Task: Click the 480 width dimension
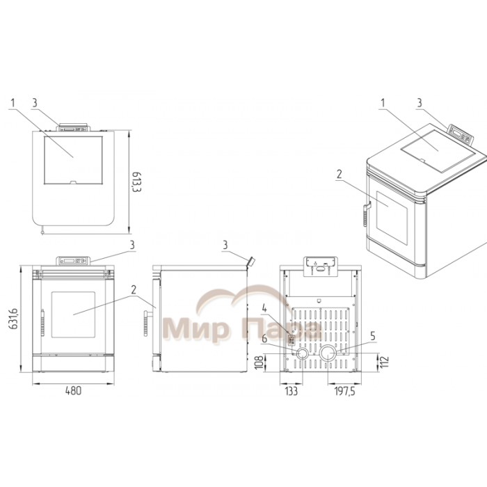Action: [x=73, y=390]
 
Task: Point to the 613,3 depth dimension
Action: [x=136, y=182]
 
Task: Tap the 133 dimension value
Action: [x=291, y=391]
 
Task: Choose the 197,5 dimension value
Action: [x=344, y=391]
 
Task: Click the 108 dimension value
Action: [x=259, y=362]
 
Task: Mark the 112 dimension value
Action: [x=384, y=362]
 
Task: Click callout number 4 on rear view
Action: [x=264, y=308]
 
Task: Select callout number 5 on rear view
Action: [x=373, y=336]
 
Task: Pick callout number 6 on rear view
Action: [x=264, y=339]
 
